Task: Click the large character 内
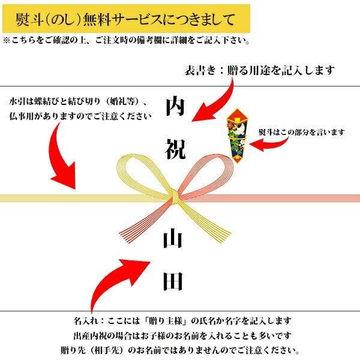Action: click(175, 107)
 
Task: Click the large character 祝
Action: click(175, 149)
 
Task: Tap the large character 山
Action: click(173, 239)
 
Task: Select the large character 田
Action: click(173, 281)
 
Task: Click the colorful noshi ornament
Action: click(237, 136)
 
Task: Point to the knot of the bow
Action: click(175, 197)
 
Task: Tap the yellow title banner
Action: click(126, 19)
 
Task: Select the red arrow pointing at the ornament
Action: click(269, 145)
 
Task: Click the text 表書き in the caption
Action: click(200, 70)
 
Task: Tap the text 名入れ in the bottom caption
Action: click(86, 321)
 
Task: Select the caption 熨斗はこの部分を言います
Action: click(302, 132)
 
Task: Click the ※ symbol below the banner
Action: click(7, 41)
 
